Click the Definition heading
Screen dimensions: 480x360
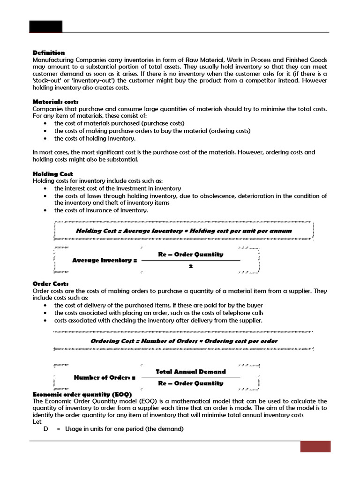[x=48, y=52]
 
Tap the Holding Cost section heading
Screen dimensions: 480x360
[x=52, y=174]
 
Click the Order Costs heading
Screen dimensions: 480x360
[x=51, y=284]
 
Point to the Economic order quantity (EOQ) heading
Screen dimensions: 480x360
[x=82, y=394]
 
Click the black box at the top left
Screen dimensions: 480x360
[x=45, y=27]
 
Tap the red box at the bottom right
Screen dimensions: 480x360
[x=315, y=446]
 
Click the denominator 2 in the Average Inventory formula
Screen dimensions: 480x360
[x=191, y=266]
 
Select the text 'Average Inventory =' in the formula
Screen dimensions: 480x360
[x=105, y=260]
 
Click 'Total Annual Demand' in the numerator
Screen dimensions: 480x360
[x=191, y=372]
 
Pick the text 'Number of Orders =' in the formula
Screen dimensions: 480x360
[x=105, y=377]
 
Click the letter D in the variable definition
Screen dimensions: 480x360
[x=46, y=429]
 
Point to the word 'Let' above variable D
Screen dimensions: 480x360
[x=37, y=421]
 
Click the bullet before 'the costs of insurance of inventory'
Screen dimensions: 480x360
[x=44, y=210]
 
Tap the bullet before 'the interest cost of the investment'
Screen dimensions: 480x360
[x=44, y=188]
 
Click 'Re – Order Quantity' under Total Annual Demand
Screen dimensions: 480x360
[x=191, y=383]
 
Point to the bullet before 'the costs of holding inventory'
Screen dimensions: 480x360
[x=44, y=138]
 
